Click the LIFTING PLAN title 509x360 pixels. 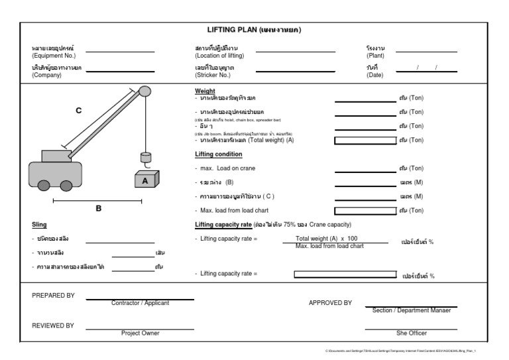point(254,30)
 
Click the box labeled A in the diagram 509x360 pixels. point(145,180)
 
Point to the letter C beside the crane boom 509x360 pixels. point(79,111)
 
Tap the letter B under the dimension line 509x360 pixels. point(99,208)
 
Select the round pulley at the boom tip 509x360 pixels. point(145,91)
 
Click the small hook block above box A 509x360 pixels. point(145,158)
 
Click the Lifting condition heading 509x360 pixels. point(218,154)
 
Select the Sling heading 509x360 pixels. point(38,225)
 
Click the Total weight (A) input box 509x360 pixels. point(364,140)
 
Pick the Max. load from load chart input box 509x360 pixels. point(364,211)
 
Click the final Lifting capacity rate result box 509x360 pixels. point(345,274)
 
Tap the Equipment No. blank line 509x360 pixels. point(120,52)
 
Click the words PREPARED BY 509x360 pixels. point(54,296)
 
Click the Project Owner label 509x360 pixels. point(140,333)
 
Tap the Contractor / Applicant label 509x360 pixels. point(141,303)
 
